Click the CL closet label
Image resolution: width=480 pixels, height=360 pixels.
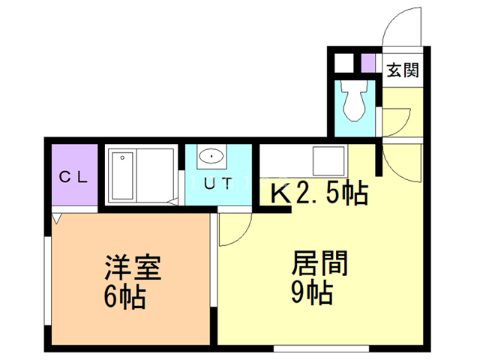pyautogui.click(x=74, y=178)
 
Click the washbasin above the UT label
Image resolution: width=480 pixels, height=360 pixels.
pyautogui.click(x=211, y=157)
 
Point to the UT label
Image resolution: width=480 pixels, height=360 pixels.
pyautogui.click(x=217, y=181)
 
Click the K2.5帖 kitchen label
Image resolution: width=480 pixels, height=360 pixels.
pyautogui.click(x=319, y=195)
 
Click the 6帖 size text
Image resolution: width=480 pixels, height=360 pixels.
pyautogui.click(x=124, y=298)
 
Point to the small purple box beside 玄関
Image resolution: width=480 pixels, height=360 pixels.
pyautogui.click(x=367, y=62)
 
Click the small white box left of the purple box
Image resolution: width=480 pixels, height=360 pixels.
pyautogui.click(x=343, y=62)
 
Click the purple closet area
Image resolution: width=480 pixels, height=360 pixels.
pyautogui.click(x=74, y=178)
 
